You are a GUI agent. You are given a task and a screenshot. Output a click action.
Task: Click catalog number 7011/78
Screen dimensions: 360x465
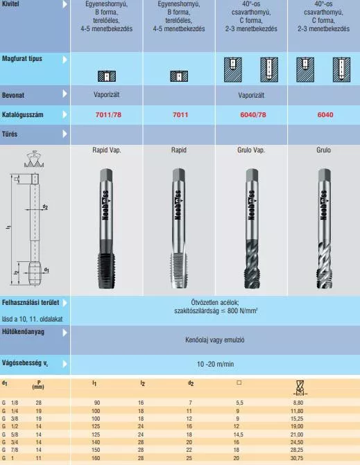click(x=108, y=115)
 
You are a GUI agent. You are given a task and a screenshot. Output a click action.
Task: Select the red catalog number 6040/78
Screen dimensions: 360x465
click(x=253, y=115)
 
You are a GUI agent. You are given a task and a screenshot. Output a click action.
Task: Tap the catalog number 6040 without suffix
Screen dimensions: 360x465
click(x=325, y=115)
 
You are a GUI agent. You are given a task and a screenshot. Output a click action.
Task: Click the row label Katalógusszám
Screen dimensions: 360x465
click(x=23, y=115)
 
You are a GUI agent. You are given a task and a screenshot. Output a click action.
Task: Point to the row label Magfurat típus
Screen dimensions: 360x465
click(x=22, y=58)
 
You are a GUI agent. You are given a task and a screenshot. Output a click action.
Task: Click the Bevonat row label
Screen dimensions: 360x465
click(x=13, y=95)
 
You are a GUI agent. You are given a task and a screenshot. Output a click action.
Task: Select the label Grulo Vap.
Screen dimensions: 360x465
click(x=251, y=150)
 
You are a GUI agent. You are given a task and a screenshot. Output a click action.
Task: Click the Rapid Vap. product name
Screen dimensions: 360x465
click(x=107, y=150)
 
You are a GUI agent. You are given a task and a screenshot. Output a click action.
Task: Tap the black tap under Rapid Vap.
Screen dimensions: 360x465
click(x=106, y=229)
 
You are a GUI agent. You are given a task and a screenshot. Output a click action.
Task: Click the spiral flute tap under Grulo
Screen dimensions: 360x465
click(x=324, y=229)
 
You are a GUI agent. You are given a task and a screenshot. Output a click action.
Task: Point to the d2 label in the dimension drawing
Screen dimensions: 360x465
click(x=45, y=207)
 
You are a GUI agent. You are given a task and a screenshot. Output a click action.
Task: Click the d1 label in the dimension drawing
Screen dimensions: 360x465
click(x=46, y=270)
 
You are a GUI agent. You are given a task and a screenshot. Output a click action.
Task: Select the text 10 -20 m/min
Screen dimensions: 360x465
click(x=215, y=364)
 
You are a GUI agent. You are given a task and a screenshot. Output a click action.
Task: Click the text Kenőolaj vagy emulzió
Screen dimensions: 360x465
click(x=215, y=340)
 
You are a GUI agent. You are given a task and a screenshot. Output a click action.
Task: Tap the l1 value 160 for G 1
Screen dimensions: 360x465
click(x=96, y=458)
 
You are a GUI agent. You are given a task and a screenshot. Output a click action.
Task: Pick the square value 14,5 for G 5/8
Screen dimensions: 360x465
click(x=239, y=435)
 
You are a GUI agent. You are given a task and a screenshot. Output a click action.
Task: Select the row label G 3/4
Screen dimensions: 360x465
click(x=10, y=442)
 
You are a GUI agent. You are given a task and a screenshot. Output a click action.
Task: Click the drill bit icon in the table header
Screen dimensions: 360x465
click(x=300, y=388)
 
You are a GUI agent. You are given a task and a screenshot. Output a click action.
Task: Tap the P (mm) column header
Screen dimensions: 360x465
click(x=38, y=385)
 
